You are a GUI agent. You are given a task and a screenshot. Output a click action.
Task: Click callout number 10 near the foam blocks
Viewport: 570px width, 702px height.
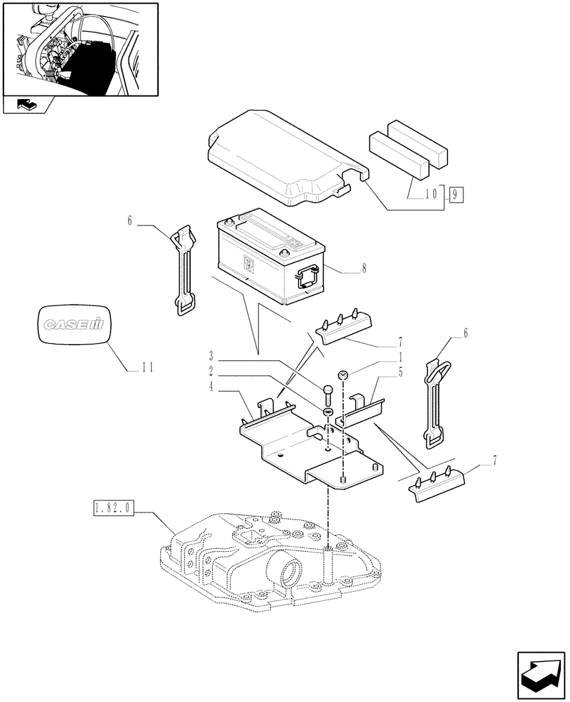[432, 192]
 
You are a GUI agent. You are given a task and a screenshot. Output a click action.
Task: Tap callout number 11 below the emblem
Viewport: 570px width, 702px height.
[147, 366]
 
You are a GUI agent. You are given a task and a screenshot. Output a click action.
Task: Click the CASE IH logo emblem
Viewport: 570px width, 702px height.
[74, 325]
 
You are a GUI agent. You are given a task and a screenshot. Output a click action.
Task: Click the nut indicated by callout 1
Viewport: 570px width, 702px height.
[343, 376]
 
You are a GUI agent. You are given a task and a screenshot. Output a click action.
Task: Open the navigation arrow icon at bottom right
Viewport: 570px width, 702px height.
[540, 672]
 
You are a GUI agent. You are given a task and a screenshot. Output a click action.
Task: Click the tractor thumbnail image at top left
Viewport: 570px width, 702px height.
[79, 50]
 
